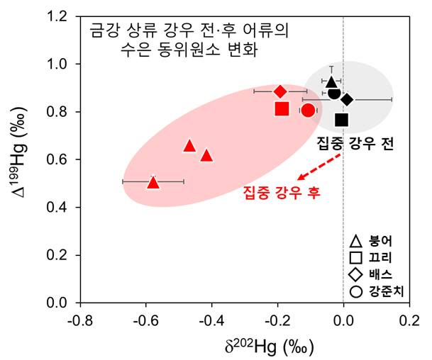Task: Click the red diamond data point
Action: coord(280,91)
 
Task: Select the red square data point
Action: coord(282,108)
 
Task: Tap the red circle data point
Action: coord(308,110)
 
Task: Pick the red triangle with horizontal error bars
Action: coord(153,182)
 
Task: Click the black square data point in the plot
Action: coord(342,120)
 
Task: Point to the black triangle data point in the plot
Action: coord(331,82)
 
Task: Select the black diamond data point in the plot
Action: coord(347,99)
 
